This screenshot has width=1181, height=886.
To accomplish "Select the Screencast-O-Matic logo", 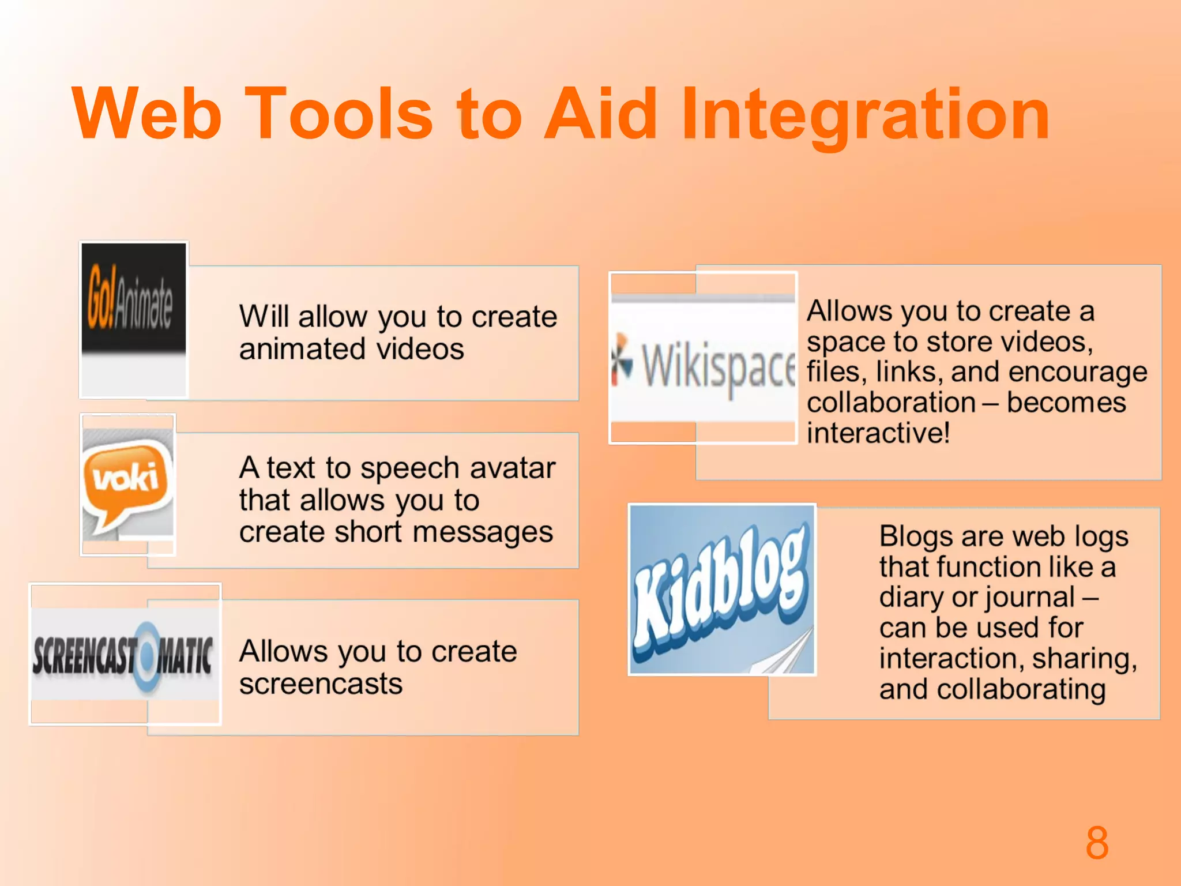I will tap(124, 655).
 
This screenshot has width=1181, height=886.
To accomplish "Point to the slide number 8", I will tap(1096, 843).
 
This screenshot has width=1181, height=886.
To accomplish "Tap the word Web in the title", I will tap(147, 114).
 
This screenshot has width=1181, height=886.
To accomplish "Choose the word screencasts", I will tap(321, 684).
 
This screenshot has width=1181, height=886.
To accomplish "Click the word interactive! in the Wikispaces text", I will tap(878, 433).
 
